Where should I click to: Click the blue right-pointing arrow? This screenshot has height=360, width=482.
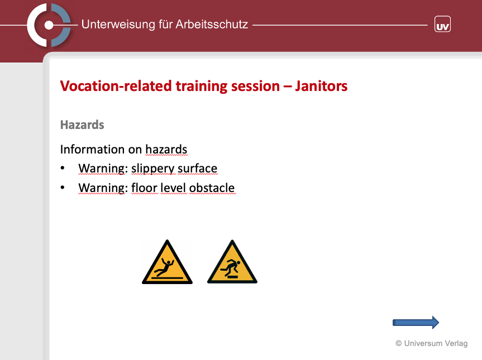416,323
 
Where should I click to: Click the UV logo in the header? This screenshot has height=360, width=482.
442,24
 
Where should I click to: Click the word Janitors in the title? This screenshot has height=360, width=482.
321,86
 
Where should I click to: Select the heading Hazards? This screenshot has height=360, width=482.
82,124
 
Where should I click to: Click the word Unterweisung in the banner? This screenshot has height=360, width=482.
118,24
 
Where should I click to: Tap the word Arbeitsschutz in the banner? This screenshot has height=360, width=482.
212,24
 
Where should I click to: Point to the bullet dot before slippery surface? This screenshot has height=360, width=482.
63,167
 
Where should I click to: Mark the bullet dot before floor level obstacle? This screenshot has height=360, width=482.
63,187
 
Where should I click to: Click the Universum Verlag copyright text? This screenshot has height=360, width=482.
432,343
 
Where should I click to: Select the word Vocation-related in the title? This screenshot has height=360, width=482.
116,86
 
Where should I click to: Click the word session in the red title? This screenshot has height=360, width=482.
255,86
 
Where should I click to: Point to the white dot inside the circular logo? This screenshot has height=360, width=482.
49,25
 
